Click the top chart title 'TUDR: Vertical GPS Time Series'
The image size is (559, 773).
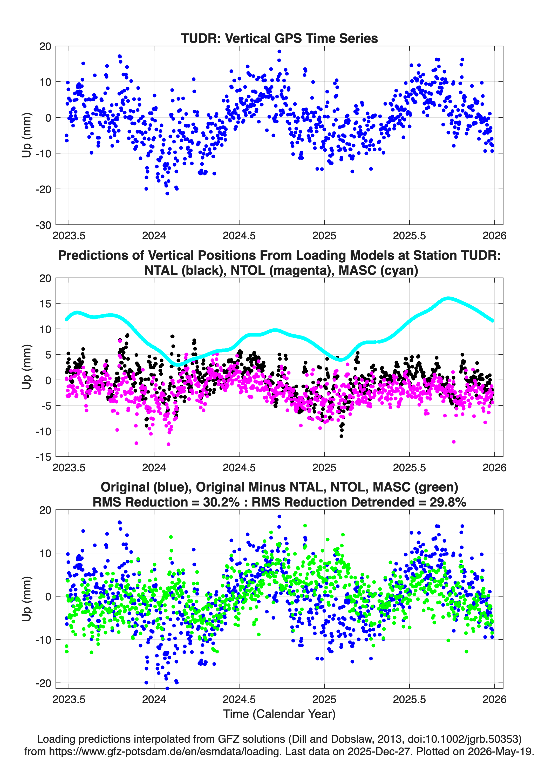tap(279, 38)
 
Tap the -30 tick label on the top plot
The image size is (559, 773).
tap(43, 225)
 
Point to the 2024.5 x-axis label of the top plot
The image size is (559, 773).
tap(239, 236)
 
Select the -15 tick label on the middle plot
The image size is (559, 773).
tap(43, 457)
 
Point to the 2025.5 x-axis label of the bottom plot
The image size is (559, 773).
tap(409, 699)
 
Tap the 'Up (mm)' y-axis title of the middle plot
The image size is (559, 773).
tap(27, 367)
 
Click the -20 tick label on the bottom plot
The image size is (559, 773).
tap(43, 683)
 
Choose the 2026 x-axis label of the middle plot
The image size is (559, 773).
tap(494, 468)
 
